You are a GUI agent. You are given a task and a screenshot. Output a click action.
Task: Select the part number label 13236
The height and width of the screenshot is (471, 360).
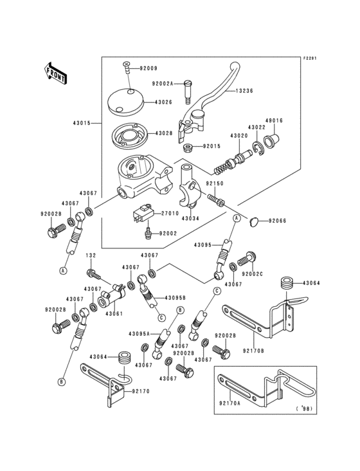pos(243,91)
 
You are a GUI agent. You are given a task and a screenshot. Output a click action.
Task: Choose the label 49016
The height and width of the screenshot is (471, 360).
pos(275,120)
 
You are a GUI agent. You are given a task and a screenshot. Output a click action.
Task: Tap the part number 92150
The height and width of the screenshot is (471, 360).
pos(215,183)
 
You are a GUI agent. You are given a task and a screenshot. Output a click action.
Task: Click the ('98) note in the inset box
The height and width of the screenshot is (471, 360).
pos(301,409)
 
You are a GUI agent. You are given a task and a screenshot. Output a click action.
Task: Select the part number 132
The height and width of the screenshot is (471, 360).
pos(91,256)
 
